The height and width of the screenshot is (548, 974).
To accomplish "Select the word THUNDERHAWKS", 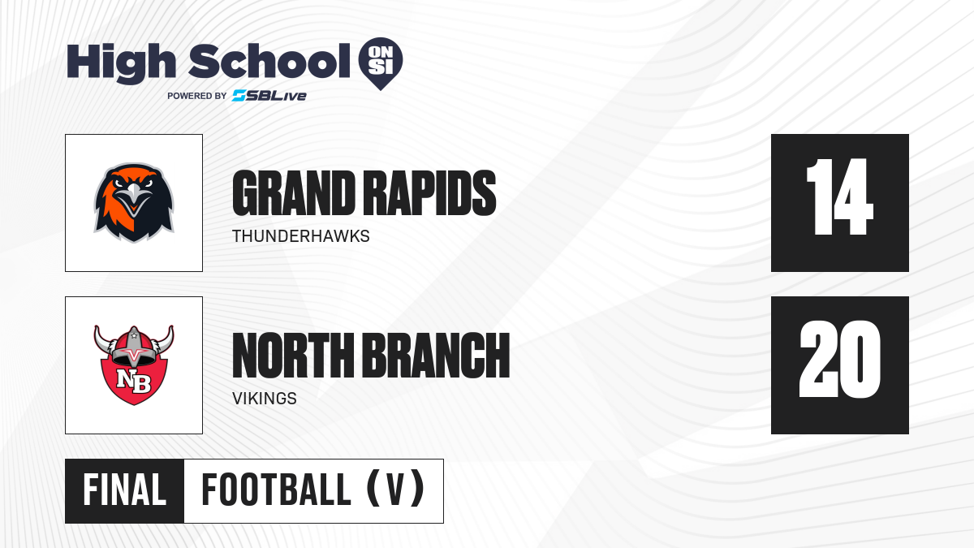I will pos(300,236).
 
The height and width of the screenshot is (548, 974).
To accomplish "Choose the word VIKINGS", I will pos(264,399).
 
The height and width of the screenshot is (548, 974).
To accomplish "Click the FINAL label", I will pos(124,490).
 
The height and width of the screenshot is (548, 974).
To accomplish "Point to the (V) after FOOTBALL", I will pos(394,490).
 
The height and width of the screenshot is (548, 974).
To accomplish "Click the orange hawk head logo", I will pos(134,202).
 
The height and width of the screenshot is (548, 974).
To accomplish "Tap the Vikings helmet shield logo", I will pos(134,365).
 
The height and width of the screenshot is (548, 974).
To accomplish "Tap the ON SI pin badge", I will pos(380,62).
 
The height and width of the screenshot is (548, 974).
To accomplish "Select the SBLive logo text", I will pos(269,96).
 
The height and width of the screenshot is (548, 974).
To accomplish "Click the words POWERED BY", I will pos(196,96).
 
